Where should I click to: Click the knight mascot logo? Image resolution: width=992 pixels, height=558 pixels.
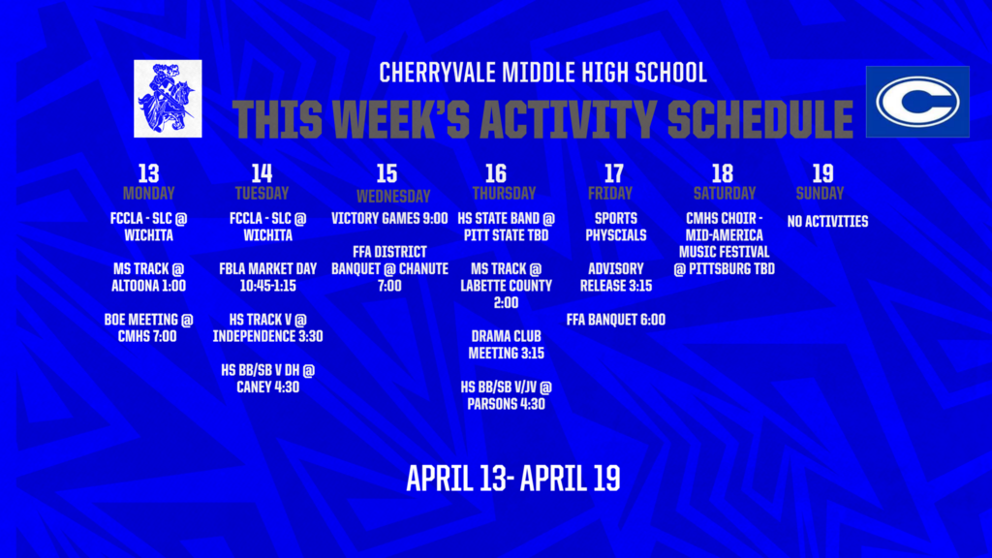click(x=169, y=98)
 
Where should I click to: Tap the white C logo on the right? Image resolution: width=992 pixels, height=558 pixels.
click(x=916, y=102)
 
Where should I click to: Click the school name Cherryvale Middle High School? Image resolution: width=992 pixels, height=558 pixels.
click(x=542, y=73)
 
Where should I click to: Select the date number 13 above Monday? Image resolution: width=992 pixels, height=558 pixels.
click(x=148, y=173)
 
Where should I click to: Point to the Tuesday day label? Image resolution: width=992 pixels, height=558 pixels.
click(x=262, y=193)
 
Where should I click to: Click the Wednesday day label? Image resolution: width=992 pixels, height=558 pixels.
click(x=387, y=196)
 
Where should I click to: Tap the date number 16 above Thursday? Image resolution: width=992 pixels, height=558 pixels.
click(x=496, y=173)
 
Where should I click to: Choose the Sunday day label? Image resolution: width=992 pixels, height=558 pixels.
click(x=820, y=193)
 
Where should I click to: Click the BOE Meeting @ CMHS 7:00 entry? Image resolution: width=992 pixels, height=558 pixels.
click(x=148, y=327)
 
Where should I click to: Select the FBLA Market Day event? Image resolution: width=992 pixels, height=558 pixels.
click(x=262, y=277)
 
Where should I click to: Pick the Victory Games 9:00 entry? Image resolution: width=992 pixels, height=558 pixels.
click(x=389, y=219)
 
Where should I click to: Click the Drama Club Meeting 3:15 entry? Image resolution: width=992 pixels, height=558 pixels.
click(x=506, y=344)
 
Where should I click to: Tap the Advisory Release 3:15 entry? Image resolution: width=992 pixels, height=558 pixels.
click(x=615, y=277)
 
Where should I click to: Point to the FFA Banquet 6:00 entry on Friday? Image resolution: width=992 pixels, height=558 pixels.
click(x=615, y=320)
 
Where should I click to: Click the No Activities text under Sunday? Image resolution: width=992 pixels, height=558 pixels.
click(x=827, y=222)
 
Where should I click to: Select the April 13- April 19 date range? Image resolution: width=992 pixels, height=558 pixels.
click(x=512, y=478)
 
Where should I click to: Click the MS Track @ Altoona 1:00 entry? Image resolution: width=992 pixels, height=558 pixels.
click(x=148, y=277)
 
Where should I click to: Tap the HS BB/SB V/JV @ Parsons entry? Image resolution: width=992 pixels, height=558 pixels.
click(x=506, y=395)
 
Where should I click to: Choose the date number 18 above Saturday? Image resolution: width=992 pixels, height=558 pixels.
click(x=722, y=173)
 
